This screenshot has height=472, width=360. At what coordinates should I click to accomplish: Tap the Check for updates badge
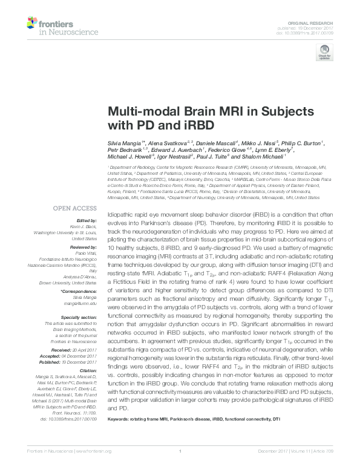coord(324,54)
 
